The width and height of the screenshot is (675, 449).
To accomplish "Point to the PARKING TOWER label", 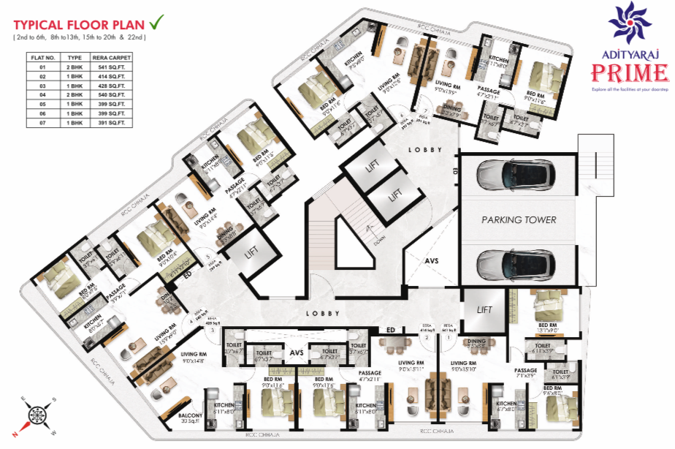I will pyautogui.click(x=519, y=219).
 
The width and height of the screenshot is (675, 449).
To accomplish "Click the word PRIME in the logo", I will pyautogui.click(x=630, y=74).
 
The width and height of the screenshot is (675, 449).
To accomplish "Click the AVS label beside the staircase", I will pyautogui.click(x=433, y=260).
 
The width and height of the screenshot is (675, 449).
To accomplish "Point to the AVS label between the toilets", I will pyautogui.click(x=297, y=353).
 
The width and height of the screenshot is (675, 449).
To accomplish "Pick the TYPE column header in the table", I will pyautogui.click(x=75, y=56).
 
